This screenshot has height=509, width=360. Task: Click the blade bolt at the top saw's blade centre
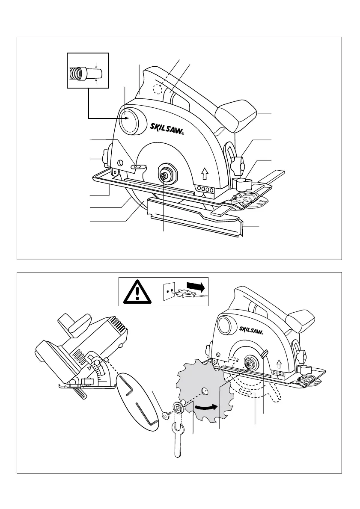(x=164, y=175)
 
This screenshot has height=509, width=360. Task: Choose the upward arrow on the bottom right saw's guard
(x=280, y=364)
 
